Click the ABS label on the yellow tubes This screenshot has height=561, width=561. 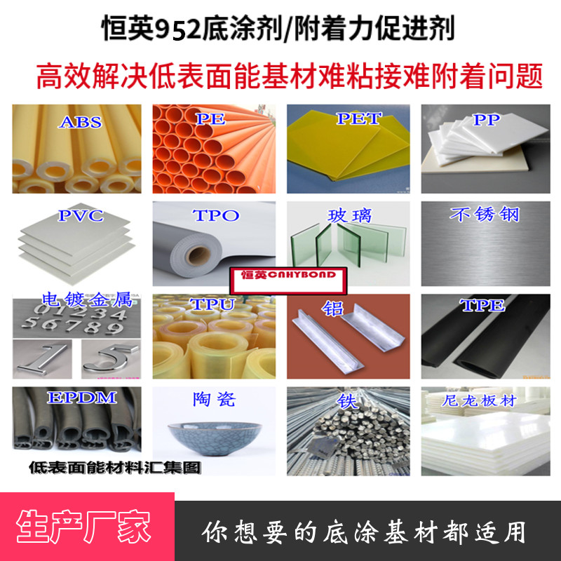[x=80, y=122]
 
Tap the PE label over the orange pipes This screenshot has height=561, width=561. [x=211, y=119]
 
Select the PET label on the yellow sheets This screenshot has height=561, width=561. [x=359, y=119]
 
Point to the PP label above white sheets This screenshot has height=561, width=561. [x=486, y=120]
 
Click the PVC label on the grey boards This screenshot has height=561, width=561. [x=81, y=215]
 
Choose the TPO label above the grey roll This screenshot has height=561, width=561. [x=216, y=215]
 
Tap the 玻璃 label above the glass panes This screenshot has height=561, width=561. [x=349, y=215]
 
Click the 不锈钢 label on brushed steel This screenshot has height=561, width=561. [x=485, y=215]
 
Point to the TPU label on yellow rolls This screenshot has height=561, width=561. [x=212, y=304]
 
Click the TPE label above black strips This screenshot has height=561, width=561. [x=482, y=306]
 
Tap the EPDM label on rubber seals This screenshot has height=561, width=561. [x=82, y=398]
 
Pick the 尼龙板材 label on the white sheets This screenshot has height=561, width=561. [x=479, y=400]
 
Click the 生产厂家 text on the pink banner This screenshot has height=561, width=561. [x=83, y=527]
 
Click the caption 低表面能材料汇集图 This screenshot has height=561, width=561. [x=115, y=468]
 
